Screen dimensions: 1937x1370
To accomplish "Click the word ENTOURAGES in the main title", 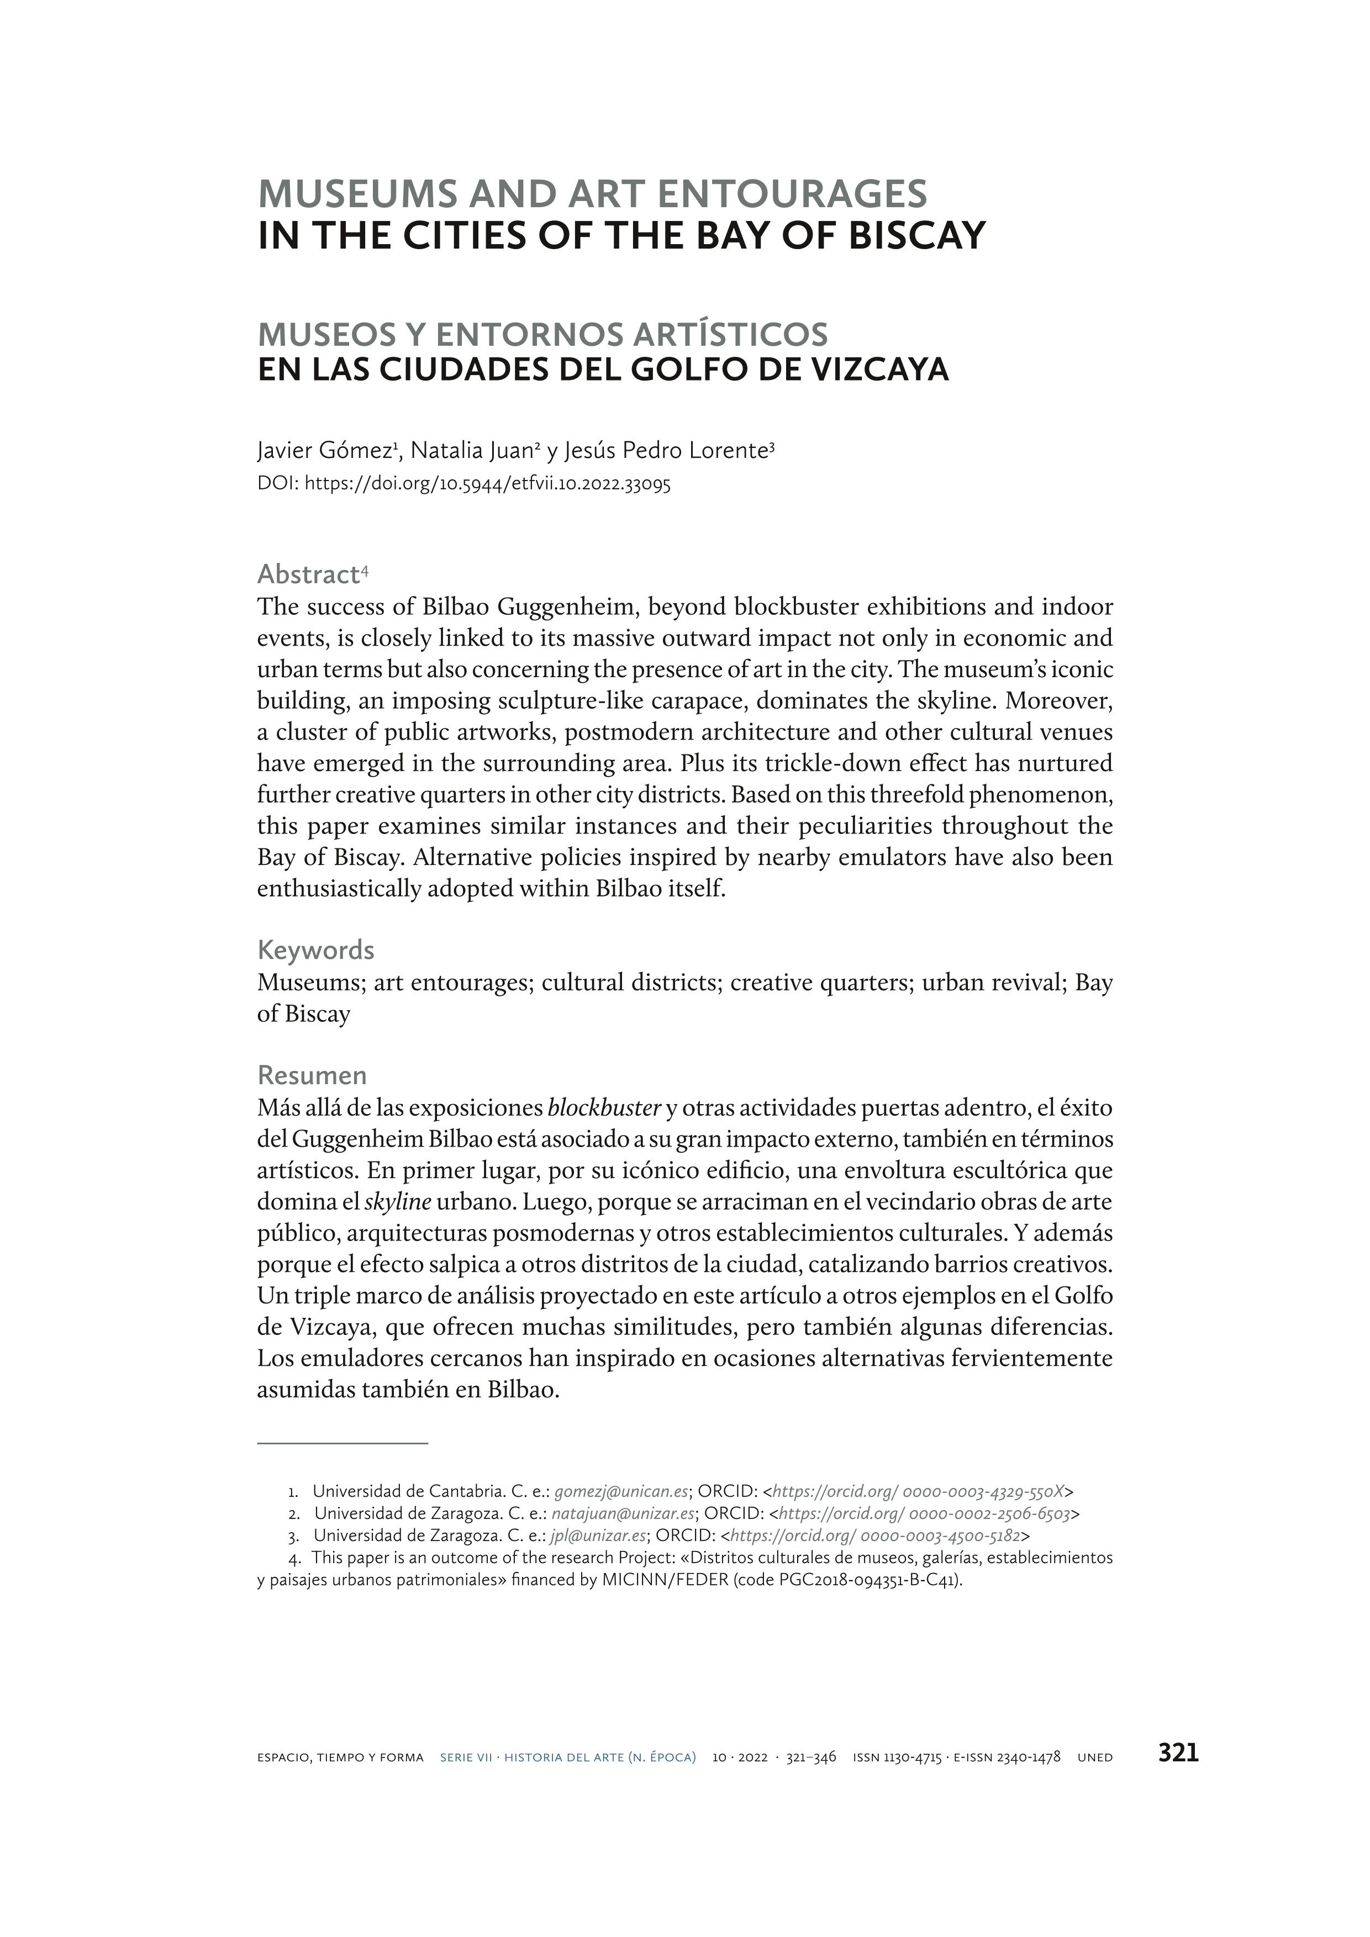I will click(791, 194).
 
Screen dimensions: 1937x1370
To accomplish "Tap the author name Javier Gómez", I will click(325, 451).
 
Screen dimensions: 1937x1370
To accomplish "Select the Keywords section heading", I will click(315, 950).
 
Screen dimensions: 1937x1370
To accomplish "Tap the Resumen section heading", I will click(311, 1075).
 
